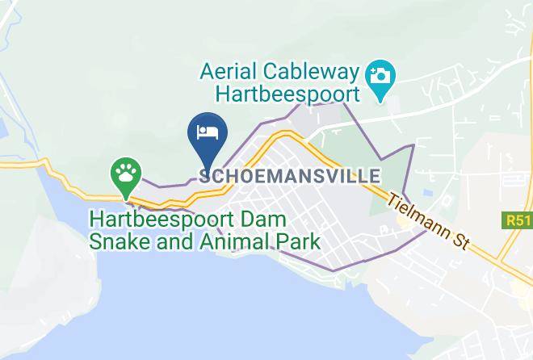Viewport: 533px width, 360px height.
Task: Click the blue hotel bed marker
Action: (208, 136)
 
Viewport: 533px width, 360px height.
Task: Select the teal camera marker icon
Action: (379, 78)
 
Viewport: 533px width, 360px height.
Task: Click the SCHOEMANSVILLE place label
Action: (289, 175)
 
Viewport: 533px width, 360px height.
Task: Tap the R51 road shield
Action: (516, 220)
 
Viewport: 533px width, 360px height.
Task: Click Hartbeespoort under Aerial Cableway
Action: (287, 94)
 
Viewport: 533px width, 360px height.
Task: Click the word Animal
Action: (229, 241)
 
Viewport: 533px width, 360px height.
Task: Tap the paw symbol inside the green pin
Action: (126, 170)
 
